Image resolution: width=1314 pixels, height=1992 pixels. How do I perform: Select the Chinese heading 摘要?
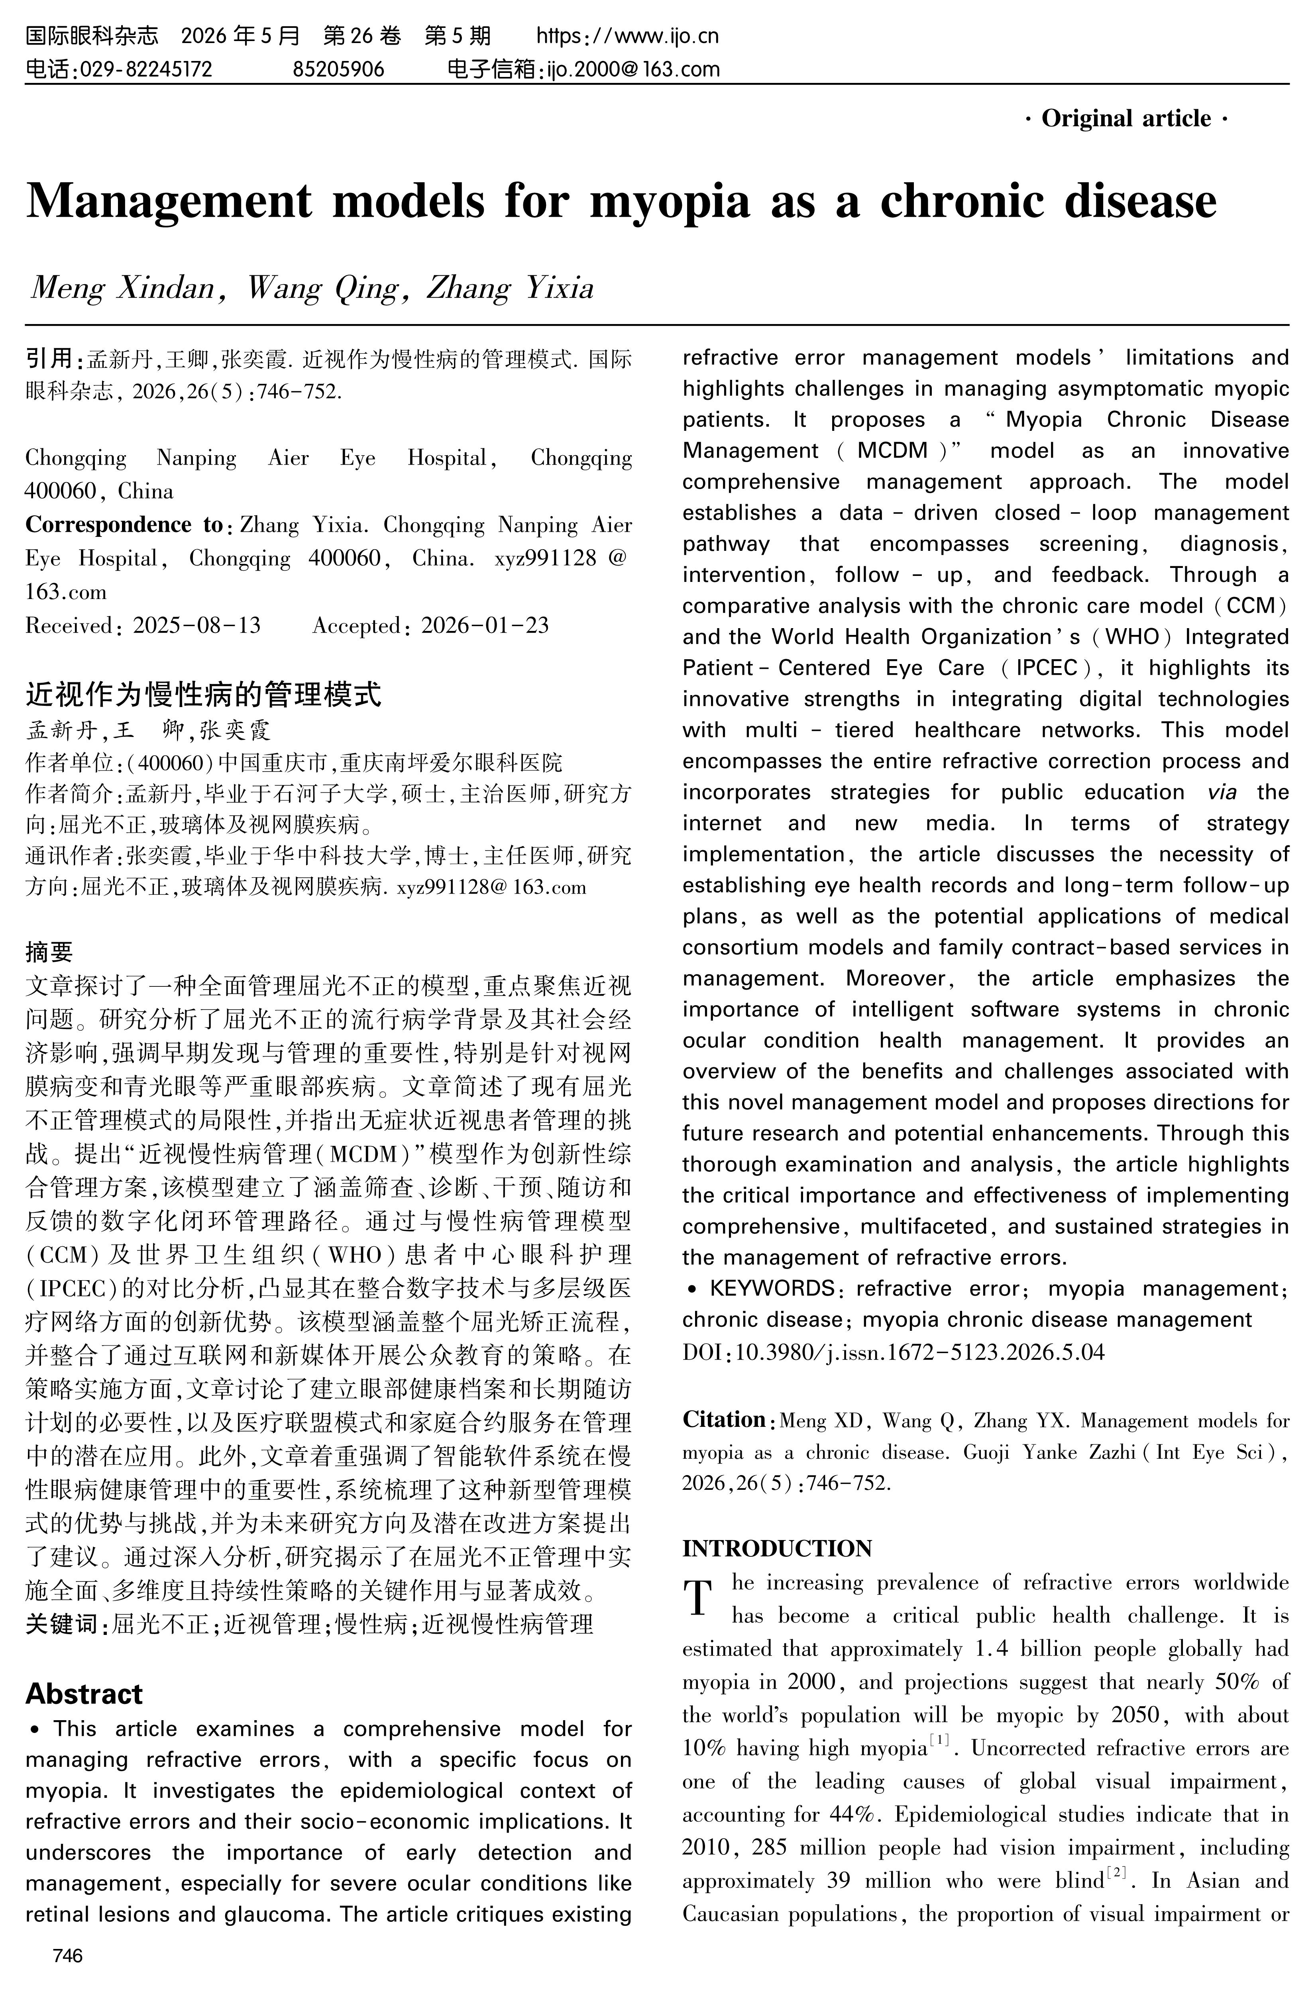point(49,951)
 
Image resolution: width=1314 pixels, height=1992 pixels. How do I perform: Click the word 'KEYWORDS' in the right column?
point(771,1288)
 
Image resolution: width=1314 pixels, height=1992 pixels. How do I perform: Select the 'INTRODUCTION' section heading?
point(777,1548)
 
